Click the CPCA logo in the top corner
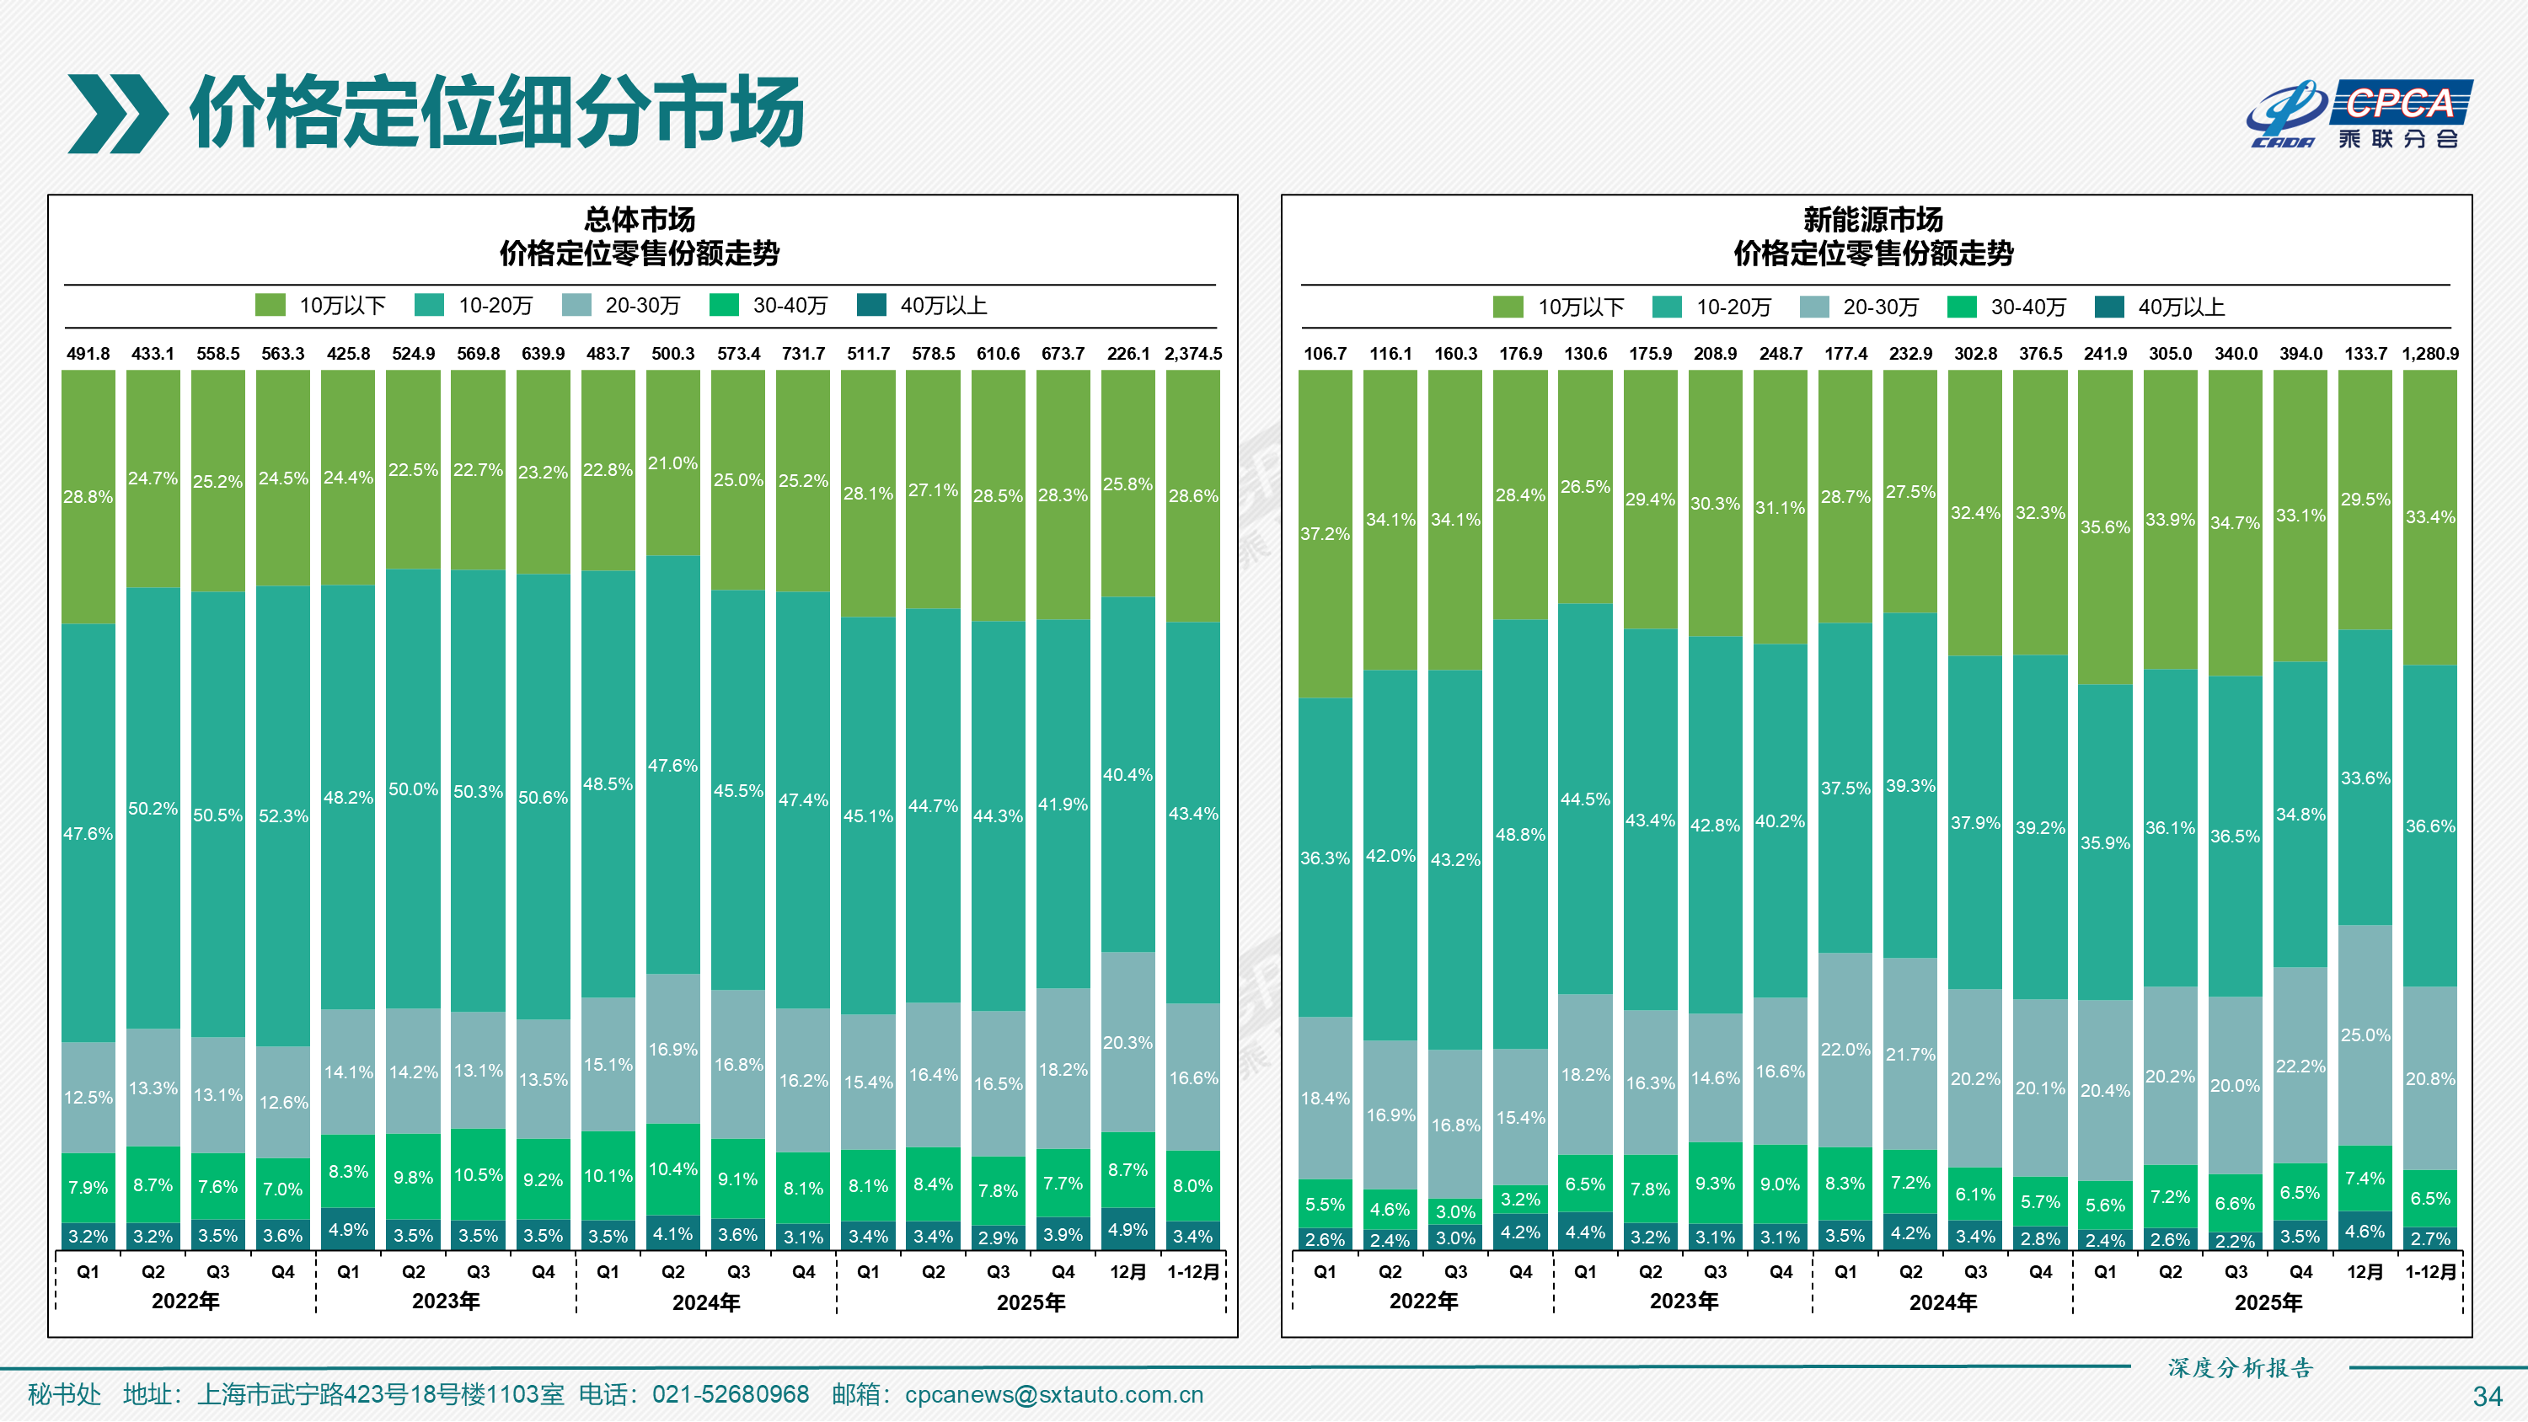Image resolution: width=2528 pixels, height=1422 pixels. click(x=2359, y=114)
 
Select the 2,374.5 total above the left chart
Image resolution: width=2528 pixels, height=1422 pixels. click(x=1192, y=353)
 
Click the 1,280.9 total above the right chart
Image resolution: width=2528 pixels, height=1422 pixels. click(x=2430, y=353)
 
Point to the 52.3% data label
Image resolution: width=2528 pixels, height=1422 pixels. click(x=282, y=815)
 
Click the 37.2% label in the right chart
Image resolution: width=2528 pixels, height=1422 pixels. click(x=1324, y=534)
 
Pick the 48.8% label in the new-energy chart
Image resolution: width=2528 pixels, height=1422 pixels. click(x=1519, y=834)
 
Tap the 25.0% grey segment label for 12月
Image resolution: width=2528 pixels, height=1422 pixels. click(x=2365, y=1034)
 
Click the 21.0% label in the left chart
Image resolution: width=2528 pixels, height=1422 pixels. click(x=672, y=463)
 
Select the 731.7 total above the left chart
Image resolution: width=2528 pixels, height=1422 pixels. click(x=803, y=353)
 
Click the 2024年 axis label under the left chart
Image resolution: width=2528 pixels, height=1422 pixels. click(x=705, y=1302)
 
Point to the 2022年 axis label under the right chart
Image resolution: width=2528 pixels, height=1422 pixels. click(x=1423, y=1302)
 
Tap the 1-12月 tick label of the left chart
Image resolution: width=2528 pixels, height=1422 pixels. click(x=1192, y=1272)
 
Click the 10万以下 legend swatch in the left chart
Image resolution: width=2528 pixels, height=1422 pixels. click(x=270, y=305)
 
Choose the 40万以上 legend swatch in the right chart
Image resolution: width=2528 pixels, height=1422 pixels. click(x=2109, y=307)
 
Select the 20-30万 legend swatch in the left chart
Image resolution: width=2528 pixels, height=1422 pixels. click(x=576, y=305)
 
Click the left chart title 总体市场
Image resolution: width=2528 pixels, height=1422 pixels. click(x=640, y=219)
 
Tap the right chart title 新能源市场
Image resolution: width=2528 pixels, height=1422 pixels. click(x=1872, y=219)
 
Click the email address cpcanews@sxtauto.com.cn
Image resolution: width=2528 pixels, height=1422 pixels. click(x=1053, y=1394)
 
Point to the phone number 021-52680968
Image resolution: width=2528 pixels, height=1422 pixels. click(x=730, y=1394)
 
